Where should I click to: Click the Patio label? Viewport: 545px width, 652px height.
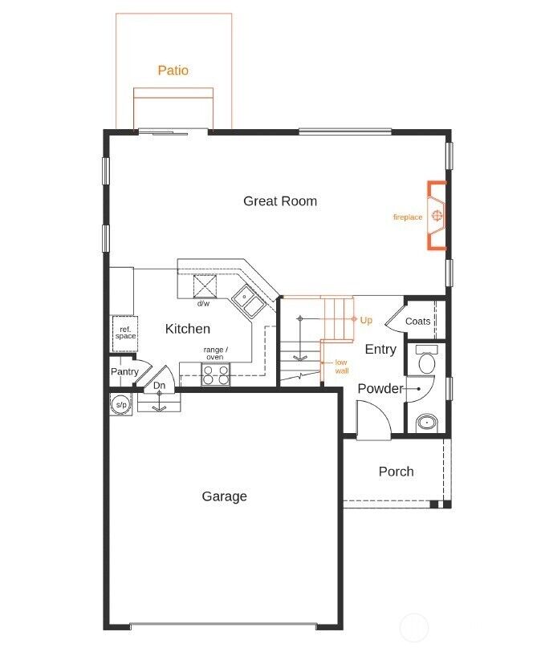click(x=173, y=71)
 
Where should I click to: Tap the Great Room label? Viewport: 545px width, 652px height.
click(x=280, y=201)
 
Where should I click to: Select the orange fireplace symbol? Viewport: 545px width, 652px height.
click(x=437, y=216)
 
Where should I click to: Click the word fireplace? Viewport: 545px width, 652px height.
click(x=407, y=217)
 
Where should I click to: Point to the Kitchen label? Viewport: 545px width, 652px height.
click(x=188, y=329)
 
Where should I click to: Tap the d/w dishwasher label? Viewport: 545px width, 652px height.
click(x=204, y=304)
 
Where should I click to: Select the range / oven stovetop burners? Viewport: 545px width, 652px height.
click(x=214, y=374)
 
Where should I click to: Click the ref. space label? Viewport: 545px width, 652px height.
click(x=124, y=333)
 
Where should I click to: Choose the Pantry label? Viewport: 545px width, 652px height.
click(x=124, y=371)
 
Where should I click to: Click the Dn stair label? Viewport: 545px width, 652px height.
click(x=160, y=386)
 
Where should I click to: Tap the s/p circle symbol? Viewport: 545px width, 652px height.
click(x=120, y=405)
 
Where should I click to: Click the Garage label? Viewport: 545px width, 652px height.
click(x=224, y=496)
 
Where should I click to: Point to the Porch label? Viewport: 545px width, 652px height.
click(x=396, y=472)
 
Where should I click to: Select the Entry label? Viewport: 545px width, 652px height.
click(x=380, y=350)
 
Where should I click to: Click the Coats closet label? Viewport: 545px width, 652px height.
click(x=417, y=321)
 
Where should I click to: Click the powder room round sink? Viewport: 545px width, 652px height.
click(x=425, y=421)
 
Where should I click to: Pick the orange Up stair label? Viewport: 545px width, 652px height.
click(x=366, y=320)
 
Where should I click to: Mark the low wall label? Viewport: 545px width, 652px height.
click(x=341, y=366)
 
